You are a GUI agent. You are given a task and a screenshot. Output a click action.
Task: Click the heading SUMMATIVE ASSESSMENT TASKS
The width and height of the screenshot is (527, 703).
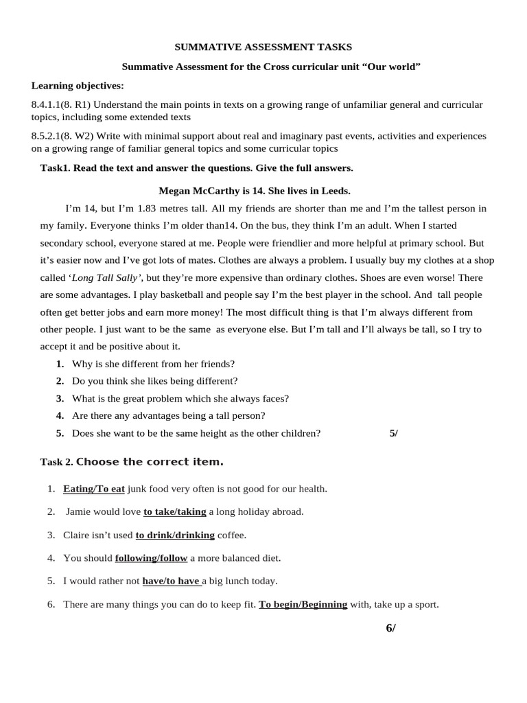pos(263,47)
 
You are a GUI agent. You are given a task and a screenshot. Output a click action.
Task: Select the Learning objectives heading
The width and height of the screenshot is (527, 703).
pos(78,86)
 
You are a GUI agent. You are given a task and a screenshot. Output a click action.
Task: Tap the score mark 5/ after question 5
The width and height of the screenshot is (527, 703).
pos(393,433)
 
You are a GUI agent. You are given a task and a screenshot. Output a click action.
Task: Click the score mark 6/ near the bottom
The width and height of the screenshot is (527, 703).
pos(390,628)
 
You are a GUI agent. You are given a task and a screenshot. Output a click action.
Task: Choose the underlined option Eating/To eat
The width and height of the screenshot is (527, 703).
pos(94,489)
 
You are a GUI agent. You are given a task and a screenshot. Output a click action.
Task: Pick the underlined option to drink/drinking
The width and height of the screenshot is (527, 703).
pos(175,535)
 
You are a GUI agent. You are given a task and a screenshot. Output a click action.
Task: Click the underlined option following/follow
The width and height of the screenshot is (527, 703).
pos(151,558)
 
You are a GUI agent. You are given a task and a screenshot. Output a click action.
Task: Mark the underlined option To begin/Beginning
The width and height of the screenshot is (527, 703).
pos(303,605)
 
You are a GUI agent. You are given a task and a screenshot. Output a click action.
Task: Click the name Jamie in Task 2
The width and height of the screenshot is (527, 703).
pos(80,511)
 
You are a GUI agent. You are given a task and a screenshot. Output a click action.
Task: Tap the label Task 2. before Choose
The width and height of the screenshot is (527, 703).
pos(56,463)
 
